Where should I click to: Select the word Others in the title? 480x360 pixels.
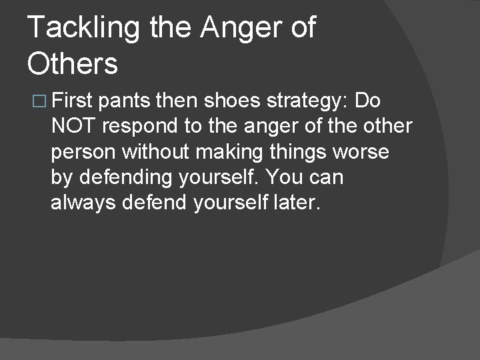point(73,65)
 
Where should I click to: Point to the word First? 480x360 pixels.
point(73,101)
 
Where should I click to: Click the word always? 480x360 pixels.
point(83,202)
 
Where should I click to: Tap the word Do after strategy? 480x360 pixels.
point(368,101)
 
